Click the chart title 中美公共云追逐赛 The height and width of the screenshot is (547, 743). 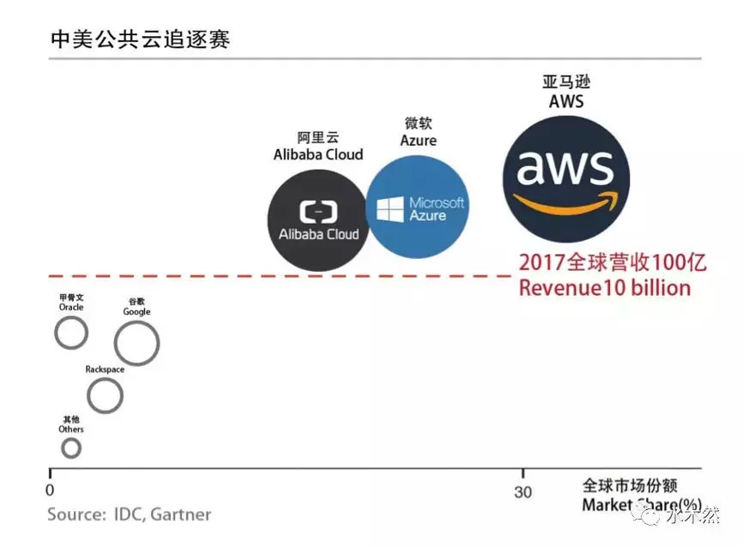[140, 39]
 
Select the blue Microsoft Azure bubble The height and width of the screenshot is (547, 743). [418, 208]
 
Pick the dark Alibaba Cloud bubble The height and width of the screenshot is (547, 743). [319, 221]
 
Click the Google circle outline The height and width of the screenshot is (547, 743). [137, 344]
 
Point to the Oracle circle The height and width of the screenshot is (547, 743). [71, 332]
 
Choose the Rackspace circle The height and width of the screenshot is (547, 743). [106, 396]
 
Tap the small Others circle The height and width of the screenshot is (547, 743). [71, 448]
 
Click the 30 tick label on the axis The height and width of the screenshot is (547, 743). [523, 492]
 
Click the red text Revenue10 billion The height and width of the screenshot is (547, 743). [604, 288]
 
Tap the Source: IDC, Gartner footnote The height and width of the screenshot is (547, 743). [129, 514]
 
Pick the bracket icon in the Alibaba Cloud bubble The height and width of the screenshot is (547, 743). [318, 211]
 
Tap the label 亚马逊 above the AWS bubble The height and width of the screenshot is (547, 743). [566, 83]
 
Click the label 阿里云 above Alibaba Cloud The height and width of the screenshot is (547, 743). [317, 138]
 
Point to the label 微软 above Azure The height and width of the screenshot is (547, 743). [418, 123]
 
